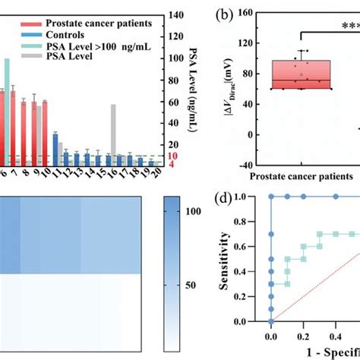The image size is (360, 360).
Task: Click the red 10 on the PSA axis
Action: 172,156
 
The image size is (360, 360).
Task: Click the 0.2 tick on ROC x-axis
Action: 302,334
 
